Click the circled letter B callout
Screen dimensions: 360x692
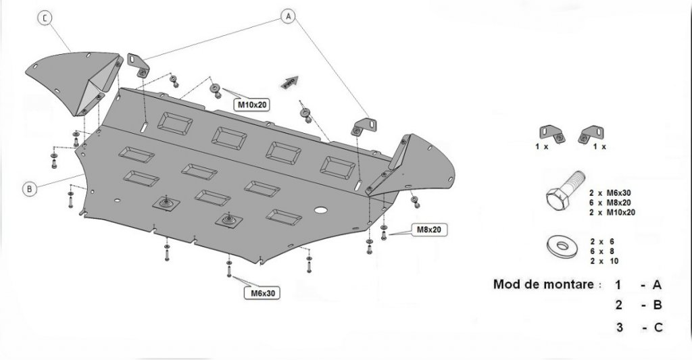[x=29, y=189]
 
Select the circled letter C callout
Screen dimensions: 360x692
[x=45, y=19]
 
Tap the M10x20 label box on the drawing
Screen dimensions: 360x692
[x=251, y=105]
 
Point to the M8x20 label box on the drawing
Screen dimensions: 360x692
[x=428, y=230]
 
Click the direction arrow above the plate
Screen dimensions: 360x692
[x=289, y=80]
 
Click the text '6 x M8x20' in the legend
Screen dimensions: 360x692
[x=612, y=203]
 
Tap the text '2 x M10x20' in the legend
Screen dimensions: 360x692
[x=612, y=212]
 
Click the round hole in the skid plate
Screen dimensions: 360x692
[x=322, y=209]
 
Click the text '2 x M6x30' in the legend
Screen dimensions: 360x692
[x=612, y=193]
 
